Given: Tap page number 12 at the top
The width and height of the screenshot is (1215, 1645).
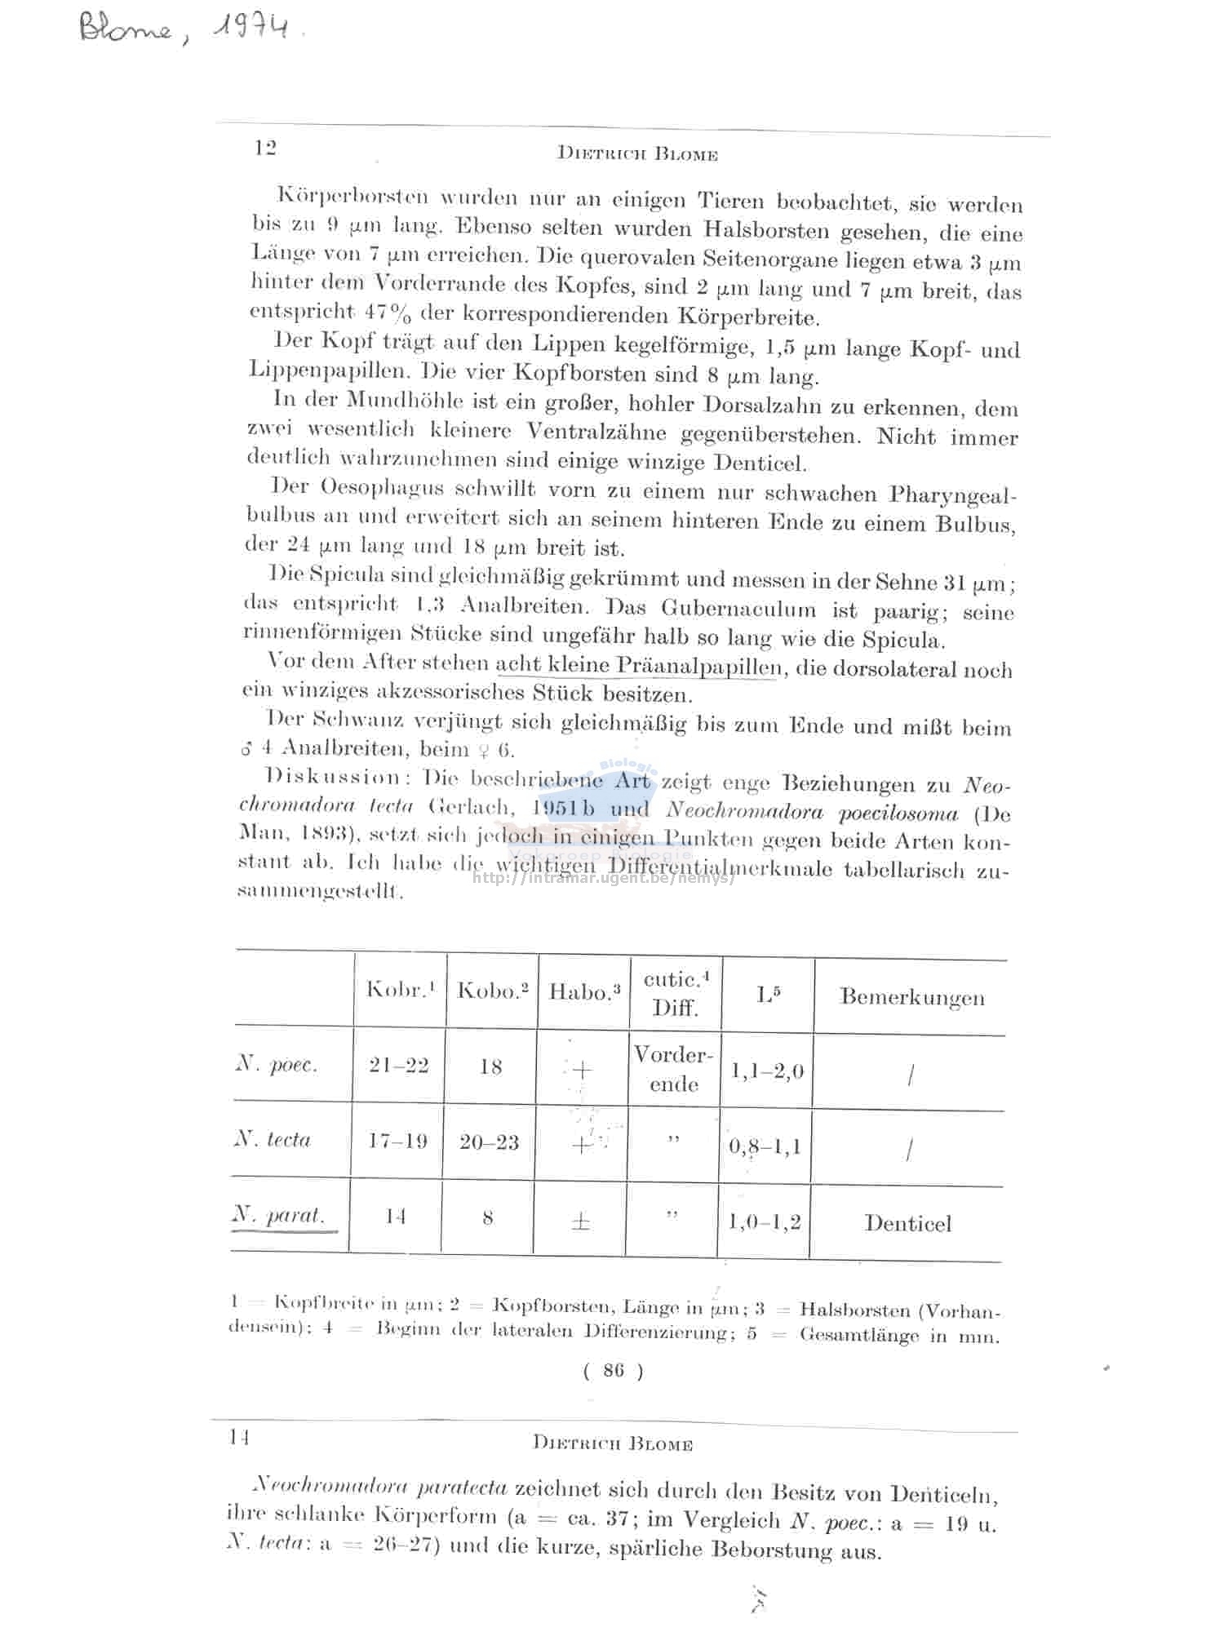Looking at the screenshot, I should point(265,148).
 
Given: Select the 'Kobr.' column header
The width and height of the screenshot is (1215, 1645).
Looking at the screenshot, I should point(400,989).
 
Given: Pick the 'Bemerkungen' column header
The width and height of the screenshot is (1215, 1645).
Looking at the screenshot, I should point(911,996).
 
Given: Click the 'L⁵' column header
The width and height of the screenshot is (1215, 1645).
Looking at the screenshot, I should point(768,994).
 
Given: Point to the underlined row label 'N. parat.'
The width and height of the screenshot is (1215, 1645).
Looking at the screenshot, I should point(278,1215).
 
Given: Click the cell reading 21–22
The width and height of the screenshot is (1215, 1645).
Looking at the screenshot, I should point(398,1066).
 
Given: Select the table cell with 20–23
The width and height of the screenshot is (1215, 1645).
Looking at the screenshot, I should point(489,1142).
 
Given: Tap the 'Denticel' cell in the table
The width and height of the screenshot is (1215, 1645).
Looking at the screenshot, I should point(907,1223).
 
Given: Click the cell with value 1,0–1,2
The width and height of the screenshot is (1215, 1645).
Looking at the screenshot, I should point(764,1222).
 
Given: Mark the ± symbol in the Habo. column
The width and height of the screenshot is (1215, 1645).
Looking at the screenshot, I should point(580,1222).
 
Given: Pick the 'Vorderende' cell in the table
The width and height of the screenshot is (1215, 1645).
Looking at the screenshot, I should point(674,1069).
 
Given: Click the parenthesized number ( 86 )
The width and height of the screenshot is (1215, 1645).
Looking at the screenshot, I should point(613,1371).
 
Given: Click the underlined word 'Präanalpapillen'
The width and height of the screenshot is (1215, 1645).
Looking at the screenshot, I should point(699,666).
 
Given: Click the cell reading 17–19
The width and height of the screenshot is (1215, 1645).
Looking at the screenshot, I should point(397,1141).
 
